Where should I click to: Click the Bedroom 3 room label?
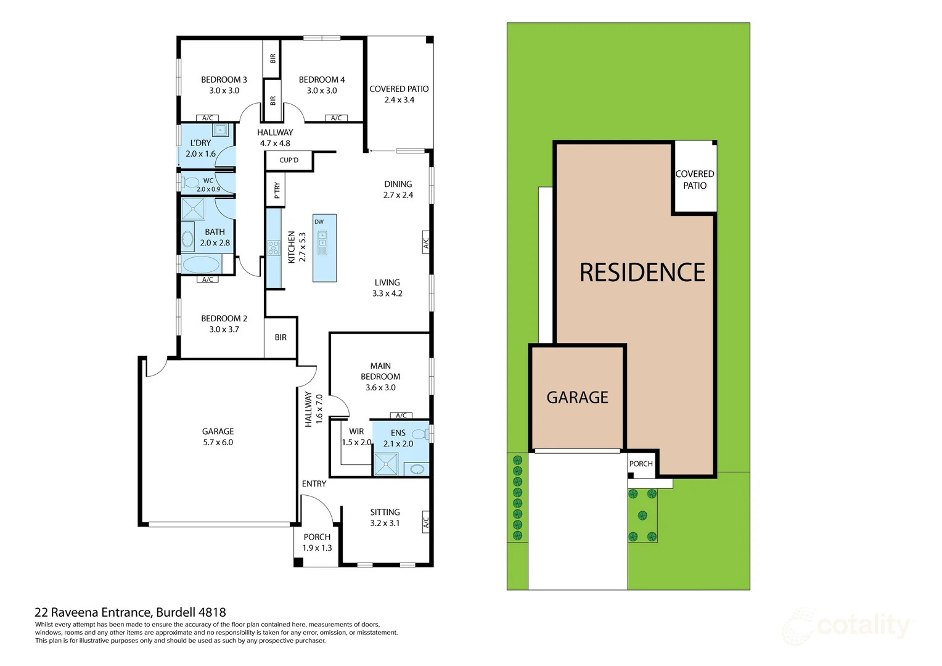[x=224, y=80]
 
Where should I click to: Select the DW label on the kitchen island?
[x=319, y=222]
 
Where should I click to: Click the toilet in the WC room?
[x=190, y=183]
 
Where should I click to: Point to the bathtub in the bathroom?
[x=201, y=265]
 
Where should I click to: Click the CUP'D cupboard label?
[x=289, y=160]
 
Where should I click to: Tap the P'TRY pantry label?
[x=277, y=191]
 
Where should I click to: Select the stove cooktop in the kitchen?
[x=273, y=248]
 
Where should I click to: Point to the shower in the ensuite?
[x=386, y=464]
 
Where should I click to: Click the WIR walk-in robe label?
[x=356, y=432]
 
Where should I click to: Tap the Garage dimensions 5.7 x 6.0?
[x=218, y=442]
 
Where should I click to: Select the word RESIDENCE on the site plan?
[x=642, y=273]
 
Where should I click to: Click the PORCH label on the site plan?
[x=641, y=464]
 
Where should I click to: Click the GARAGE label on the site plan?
[x=577, y=398]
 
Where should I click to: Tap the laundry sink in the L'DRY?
[x=220, y=129]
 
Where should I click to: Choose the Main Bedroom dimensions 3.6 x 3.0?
[x=380, y=387]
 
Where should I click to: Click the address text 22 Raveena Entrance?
[x=92, y=612]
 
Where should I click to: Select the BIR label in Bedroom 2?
[x=281, y=337]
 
